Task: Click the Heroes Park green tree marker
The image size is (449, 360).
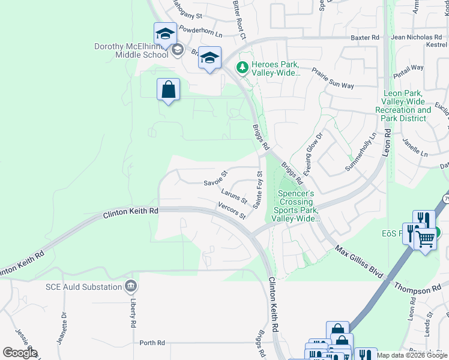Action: coord(243,68)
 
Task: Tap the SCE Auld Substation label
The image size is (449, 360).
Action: coord(83,287)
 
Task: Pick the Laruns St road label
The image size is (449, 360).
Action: coord(234,196)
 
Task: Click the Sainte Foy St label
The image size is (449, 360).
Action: coord(259,190)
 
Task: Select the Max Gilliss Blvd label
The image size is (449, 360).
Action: coord(359,262)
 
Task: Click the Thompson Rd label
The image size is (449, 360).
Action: coord(418,289)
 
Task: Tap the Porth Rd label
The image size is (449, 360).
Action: coord(152,343)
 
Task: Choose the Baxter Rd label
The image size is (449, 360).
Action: coord(366,37)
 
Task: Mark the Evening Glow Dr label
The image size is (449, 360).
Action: coord(312,154)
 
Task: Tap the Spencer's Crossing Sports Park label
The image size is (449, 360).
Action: coord(295,206)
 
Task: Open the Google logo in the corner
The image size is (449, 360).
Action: coord(20,352)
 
